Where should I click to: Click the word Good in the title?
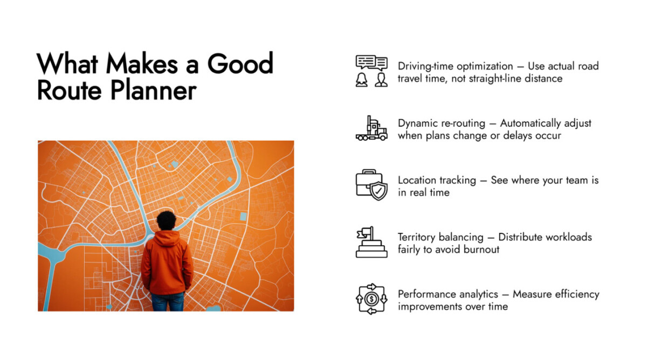click(x=240, y=64)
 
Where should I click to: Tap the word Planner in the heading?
click(x=153, y=91)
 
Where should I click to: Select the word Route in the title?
click(x=70, y=91)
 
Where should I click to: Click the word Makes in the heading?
click(x=142, y=64)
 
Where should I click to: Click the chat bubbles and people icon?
click(x=371, y=71)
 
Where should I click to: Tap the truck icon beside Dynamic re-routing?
click(x=371, y=128)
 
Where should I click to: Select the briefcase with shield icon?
click(x=371, y=185)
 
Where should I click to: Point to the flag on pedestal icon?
click(x=371, y=242)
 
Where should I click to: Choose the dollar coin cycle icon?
click(x=371, y=299)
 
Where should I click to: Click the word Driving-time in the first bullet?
click(x=426, y=66)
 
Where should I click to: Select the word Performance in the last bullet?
click(x=448, y=294)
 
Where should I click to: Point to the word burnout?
click(x=481, y=249)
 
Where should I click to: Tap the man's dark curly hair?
click(x=166, y=220)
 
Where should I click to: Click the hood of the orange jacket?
click(x=166, y=238)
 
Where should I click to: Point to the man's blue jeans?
click(x=168, y=302)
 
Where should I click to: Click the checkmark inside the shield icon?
click(x=378, y=191)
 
